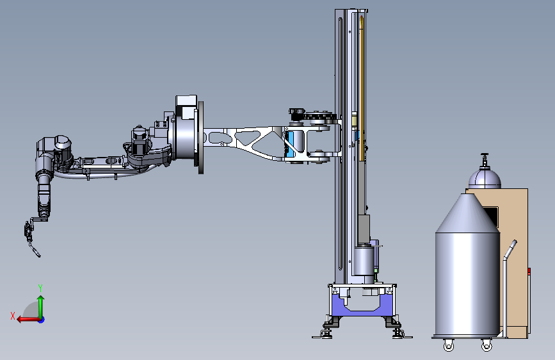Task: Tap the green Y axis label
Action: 40,288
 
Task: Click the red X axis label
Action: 13,316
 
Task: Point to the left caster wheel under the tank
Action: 449,345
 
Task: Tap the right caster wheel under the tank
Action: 487,345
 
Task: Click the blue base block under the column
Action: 362,306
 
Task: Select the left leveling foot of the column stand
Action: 326,333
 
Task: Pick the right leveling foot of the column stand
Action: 398,333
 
